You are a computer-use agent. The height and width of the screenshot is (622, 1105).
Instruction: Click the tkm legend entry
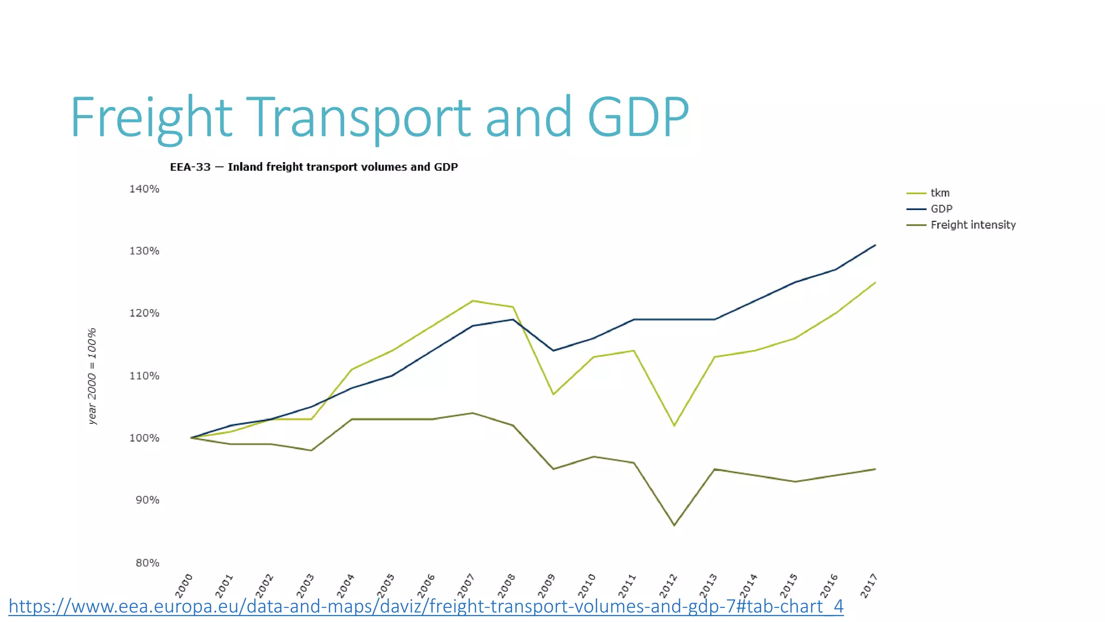tap(939, 193)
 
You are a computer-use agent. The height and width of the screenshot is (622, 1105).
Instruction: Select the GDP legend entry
tap(941, 209)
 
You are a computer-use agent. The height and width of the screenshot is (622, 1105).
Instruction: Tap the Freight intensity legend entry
tap(972, 225)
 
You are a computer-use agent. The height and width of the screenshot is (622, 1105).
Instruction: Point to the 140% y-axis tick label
tap(144, 189)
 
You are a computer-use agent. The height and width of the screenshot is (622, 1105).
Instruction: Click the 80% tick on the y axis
tap(147, 563)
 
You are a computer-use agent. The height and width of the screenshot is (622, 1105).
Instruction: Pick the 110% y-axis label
tap(144, 376)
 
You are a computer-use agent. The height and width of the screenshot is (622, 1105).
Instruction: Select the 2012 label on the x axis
tap(668, 585)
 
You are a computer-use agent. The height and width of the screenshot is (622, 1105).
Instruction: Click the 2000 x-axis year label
tap(184, 585)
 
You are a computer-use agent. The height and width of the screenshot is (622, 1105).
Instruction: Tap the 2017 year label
tap(869, 585)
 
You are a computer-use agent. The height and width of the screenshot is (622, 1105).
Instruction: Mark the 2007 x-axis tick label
tap(466, 585)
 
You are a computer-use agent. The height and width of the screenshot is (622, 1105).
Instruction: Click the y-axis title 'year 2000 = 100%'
tap(92, 376)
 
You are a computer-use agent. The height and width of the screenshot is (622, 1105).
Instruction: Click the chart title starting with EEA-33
tap(313, 167)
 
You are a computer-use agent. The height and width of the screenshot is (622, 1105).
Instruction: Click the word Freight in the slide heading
tap(151, 117)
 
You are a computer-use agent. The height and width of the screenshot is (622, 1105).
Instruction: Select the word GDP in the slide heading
tap(638, 117)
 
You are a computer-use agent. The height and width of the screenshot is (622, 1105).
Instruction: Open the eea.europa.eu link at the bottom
tap(426, 606)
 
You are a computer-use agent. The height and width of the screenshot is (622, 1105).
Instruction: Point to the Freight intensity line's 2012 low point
tap(674, 525)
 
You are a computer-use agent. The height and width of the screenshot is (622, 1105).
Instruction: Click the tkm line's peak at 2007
tap(473, 301)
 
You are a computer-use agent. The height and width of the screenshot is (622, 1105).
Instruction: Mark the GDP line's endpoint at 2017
tap(875, 245)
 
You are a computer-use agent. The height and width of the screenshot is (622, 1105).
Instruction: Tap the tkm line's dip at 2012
tap(674, 425)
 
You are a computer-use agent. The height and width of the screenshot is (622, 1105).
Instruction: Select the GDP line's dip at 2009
tap(553, 350)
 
